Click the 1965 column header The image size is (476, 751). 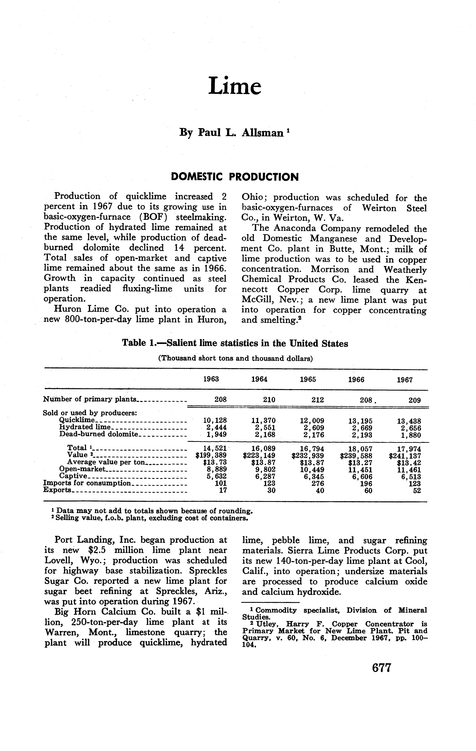tap(308, 379)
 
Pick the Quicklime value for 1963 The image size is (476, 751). tap(215, 420)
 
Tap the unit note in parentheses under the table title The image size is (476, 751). tap(236, 358)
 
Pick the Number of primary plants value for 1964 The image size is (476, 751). tap(269, 400)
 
